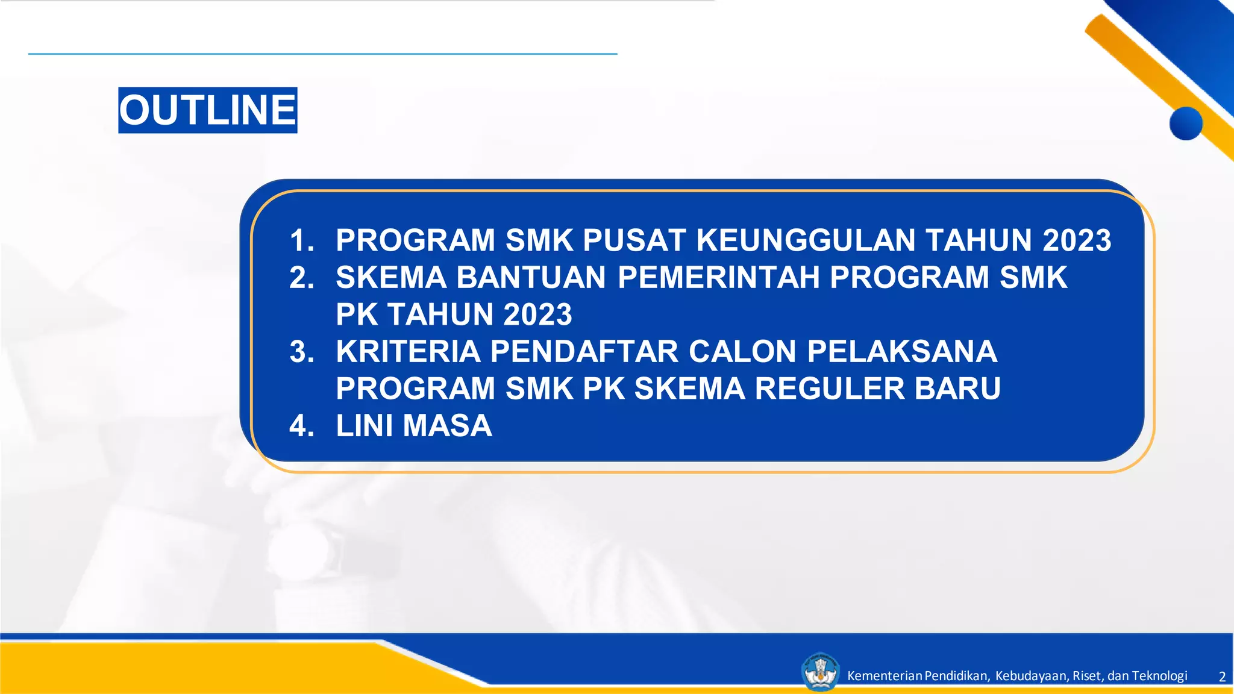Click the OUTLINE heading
tap(207, 110)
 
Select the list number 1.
tap(301, 240)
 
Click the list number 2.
tap(301, 277)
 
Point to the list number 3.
tap(301, 351)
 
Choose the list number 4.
tap(301, 425)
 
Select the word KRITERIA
tap(408, 351)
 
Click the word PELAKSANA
tap(902, 351)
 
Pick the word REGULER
tap(830, 388)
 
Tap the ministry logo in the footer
tap(820, 672)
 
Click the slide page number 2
tap(1222, 677)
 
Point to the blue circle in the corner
tap(1186, 123)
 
